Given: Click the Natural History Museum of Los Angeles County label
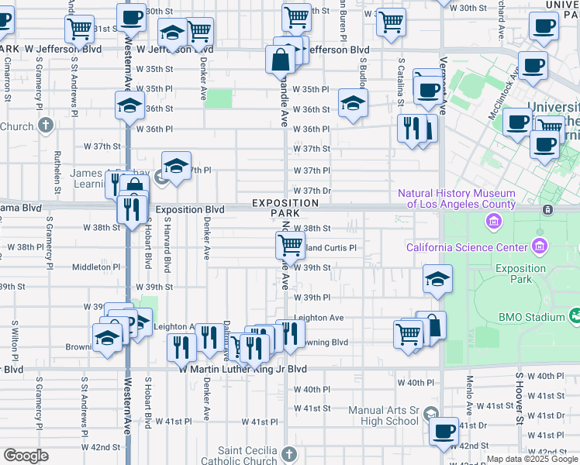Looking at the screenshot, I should coord(457,198).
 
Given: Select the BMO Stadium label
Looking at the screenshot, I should coord(531,317).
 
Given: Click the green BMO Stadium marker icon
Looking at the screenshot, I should coord(575,315).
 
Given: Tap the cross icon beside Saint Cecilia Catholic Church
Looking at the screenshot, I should coord(288,453).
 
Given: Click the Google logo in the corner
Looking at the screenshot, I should coord(26,456).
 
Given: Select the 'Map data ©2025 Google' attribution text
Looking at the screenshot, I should coord(532,459).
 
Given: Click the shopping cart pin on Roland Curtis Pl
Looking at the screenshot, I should coord(290,245).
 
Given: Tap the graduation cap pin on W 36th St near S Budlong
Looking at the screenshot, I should coord(353,103).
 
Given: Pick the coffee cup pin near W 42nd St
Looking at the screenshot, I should coord(444,431).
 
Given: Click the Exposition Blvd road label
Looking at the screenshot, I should coord(189,210).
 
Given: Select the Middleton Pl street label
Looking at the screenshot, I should coord(96,267).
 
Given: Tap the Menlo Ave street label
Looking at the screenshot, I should coord(470,394).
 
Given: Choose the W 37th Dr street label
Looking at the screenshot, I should coord(312,191).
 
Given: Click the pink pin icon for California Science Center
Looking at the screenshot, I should coord(540,247).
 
